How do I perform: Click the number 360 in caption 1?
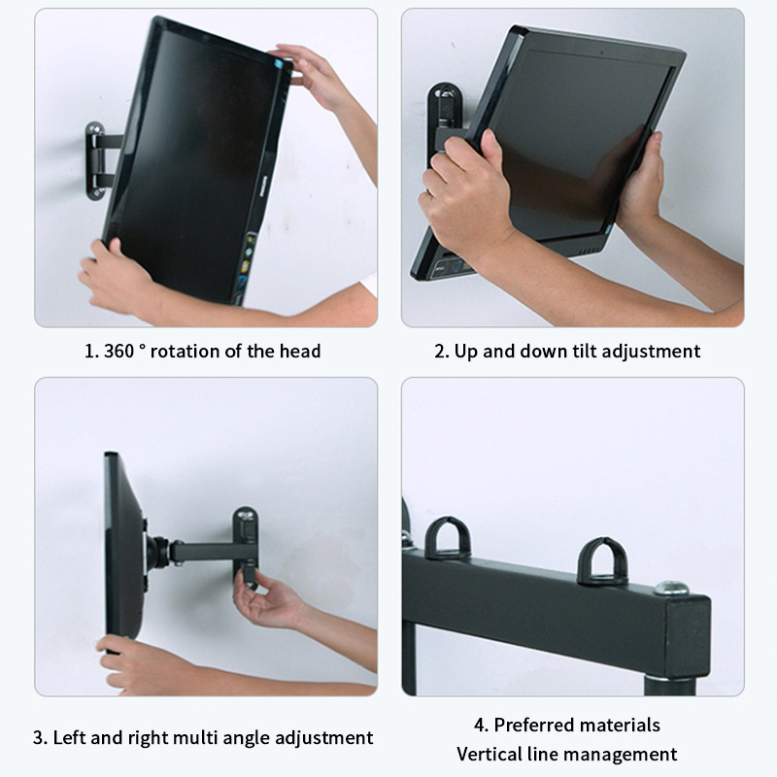tap(118, 352)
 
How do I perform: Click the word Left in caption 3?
tap(69, 737)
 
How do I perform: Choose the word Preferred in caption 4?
tap(530, 725)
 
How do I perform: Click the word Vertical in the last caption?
tap(490, 755)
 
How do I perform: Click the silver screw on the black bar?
tap(671, 589)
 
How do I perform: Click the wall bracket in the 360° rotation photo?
tap(96, 161)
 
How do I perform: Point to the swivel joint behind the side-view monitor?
tap(157, 553)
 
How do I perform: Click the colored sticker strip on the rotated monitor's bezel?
tap(246, 265)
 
